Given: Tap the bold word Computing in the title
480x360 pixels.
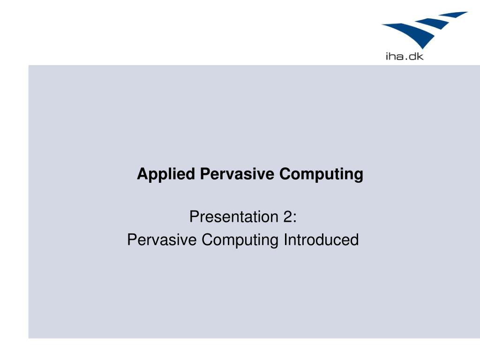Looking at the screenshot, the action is coord(321,174).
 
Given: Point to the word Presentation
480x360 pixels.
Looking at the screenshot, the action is coord(234,217).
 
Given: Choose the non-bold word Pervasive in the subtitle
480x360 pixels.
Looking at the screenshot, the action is coord(162,240).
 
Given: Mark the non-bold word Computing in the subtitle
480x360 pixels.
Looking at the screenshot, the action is coord(240,240).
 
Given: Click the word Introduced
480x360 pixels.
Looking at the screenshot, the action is coord(321,240).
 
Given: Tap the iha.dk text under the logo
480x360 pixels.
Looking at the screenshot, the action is coord(405,56).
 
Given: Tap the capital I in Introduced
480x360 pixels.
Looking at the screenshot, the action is coord(285,240).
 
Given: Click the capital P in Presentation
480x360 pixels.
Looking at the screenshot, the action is coord(195,217).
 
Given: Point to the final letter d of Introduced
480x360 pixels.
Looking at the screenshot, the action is coord(355,240).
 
